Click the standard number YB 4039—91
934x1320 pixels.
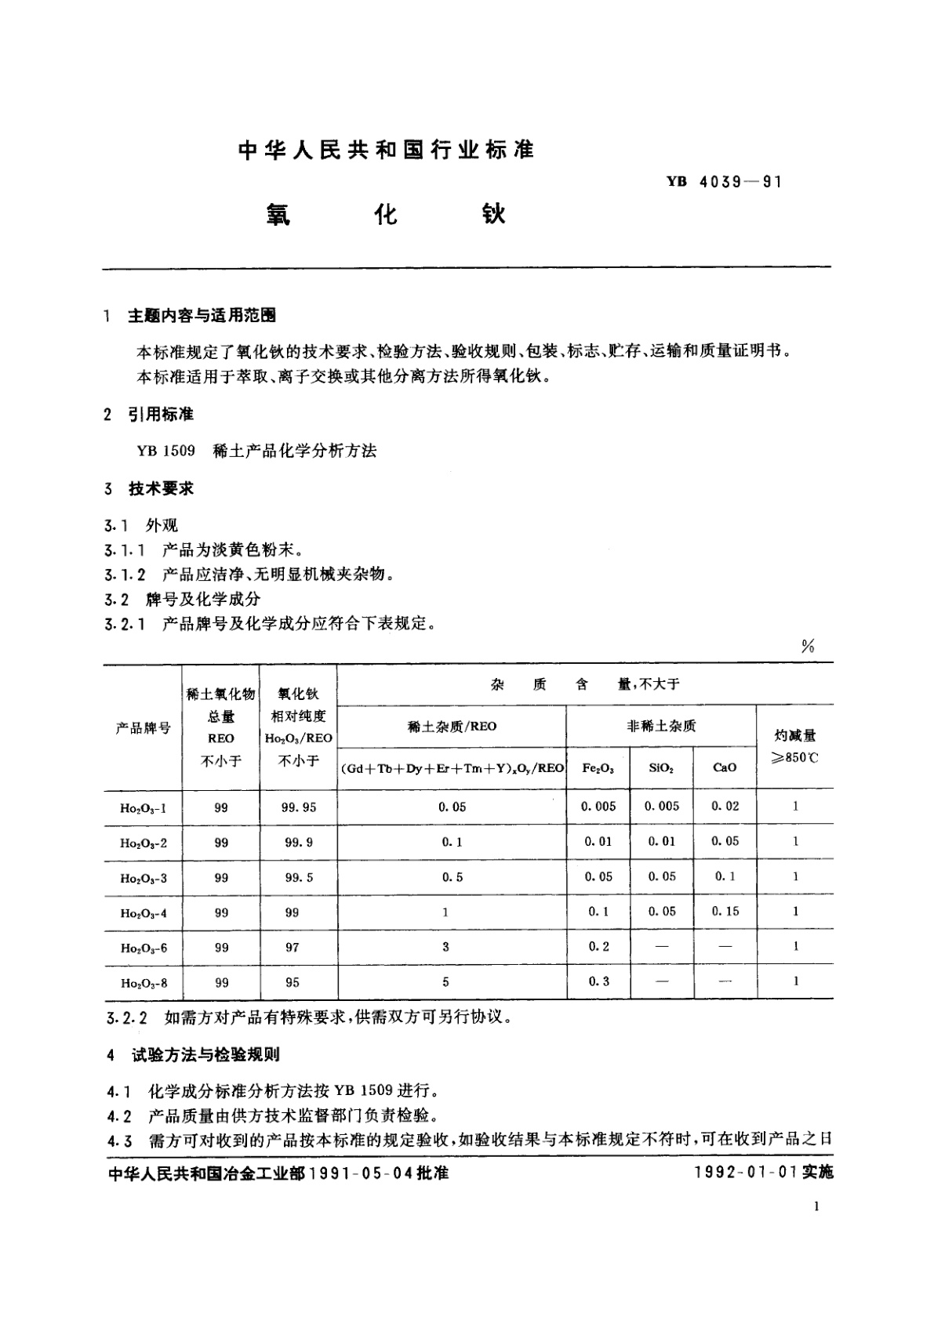(x=723, y=182)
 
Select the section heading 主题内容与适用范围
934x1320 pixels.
(x=202, y=316)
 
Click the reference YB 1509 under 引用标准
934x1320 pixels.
(x=165, y=451)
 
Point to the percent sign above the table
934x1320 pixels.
(x=808, y=646)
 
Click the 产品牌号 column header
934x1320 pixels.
(x=143, y=727)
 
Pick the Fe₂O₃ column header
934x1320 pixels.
(x=598, y=768)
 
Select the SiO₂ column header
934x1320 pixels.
(x=661, y=768)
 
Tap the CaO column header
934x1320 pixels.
(x=725, y=768)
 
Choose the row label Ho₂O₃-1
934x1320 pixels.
(x=143, y=807)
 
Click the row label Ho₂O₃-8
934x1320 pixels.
(x=143, y=983)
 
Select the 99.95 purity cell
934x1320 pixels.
(x=299, y=807)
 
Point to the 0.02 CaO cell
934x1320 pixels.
(x=725, y=806)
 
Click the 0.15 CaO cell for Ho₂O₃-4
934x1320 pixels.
(x=725, y=912)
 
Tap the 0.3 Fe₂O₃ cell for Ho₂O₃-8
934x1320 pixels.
(x=598, y=981)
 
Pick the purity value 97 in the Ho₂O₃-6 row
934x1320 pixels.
(x=293, y=947)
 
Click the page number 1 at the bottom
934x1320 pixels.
(x=817, y=1208)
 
